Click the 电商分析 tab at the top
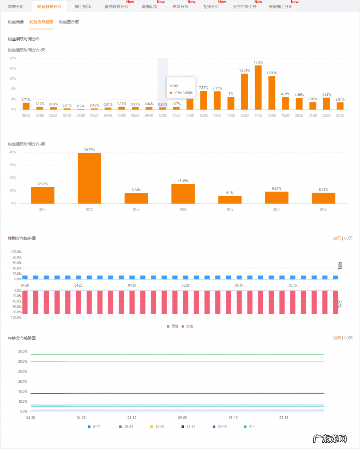click(x=180, y=7)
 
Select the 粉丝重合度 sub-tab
click(x=69, y=22)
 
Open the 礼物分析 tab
click(x=211, y=7)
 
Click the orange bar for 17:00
click(x=258, y=87)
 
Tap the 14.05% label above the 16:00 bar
click(x=245, y=71)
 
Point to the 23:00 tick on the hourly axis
click(x=340, y=115)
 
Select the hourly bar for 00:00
click(x=26, y=106)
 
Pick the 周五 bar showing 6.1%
click(x=230, y=200)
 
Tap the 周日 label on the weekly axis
click(x=323, y=209)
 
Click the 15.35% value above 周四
click(x=183, y=181)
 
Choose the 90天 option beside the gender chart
click(x=348, y=238)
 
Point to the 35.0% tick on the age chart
click(x=23, y=351)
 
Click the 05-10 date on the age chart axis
click(x=233, y=418)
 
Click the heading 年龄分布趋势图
click(x=22, y=338)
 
